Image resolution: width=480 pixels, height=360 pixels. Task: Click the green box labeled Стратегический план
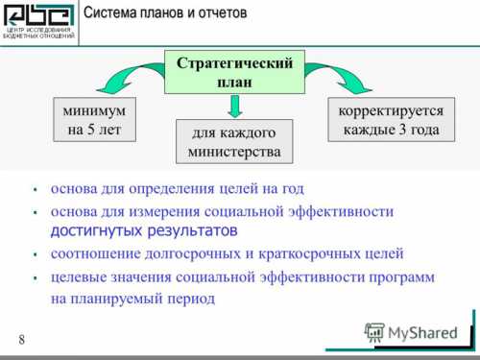pos(240,72)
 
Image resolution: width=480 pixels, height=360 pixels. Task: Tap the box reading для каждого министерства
pos(235,142)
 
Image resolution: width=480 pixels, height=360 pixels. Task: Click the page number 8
pos(21,340)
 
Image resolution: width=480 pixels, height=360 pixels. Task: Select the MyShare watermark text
pos(423,333)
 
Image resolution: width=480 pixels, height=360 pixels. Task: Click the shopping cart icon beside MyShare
pos(374,332)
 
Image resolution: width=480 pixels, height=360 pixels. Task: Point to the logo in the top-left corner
pos(37,20)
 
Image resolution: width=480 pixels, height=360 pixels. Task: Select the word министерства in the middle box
pos(235,152)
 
